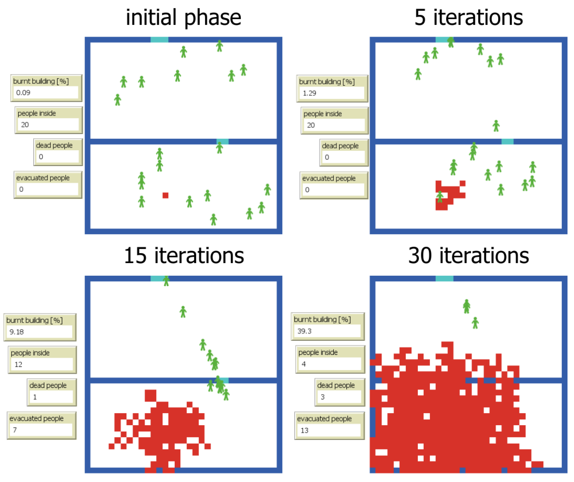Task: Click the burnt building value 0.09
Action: [x=23, y=93]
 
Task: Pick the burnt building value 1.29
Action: [x=309, y=93]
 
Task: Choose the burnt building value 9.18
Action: [x=17, y=332]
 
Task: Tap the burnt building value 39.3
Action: [x=304, y=331]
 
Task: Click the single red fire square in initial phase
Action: [x=165, y=195]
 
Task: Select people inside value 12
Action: [x=18, y=364]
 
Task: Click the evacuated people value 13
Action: [x=304, y=430]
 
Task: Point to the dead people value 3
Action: [x=323, y=397]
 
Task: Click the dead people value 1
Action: [x=35, y=397]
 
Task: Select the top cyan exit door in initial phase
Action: [x=159, y=40]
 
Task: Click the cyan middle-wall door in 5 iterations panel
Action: [x=507, y=142]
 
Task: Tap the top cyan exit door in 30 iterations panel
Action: [x=444, y=279]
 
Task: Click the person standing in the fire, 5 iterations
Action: [x=440, y=197]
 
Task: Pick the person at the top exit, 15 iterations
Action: [x=166, y=281]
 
